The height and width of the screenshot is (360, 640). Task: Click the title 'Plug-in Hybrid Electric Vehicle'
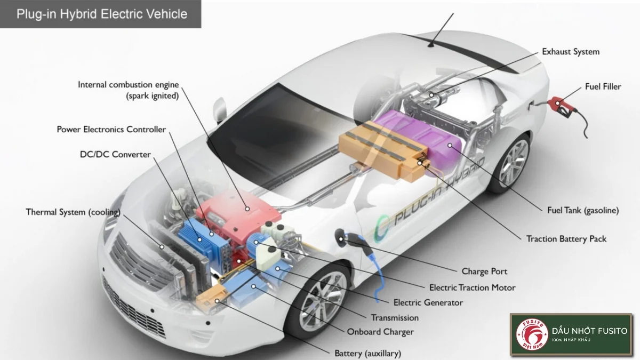tap(102, 14)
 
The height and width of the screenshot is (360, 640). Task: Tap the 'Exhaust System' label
tap(571, 52)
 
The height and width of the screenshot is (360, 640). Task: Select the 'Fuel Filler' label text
tap(603, 86)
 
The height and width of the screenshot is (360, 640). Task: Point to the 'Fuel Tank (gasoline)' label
tap(583, 210)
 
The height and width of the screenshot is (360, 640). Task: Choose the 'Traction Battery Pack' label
tap(566, 238)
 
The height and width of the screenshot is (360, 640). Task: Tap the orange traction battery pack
tap(381, 149)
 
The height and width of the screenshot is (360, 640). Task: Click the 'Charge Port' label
tap(484, 271)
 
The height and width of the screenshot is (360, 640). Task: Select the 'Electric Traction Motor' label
tap(472, 287)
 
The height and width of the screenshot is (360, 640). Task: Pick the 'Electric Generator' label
tap(428, 302)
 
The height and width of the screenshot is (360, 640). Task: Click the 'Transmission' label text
tap(395, 317)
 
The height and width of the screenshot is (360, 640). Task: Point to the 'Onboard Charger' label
tap(380, 332)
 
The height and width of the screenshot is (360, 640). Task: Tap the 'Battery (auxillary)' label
tap(367, 353)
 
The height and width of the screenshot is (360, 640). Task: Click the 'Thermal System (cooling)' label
tap(73, 212)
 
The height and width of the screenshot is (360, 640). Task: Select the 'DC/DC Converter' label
tap(115, 155)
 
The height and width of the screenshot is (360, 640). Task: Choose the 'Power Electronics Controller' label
tap(111, 130)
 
